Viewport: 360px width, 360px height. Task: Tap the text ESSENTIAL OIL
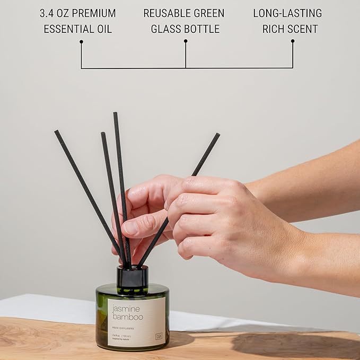click(x=78, y=29)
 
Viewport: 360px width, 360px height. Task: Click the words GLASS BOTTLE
click(x=185, y=29)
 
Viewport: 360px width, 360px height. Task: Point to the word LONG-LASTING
click(x=287, y=13)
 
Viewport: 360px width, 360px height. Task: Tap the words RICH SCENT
click(x=291, y=29)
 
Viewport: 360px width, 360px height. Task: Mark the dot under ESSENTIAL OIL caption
click(x=81, y=41)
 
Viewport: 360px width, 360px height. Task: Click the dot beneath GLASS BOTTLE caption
click(x=186, y=41)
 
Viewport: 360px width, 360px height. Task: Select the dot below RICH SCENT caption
click(x=293, y=41)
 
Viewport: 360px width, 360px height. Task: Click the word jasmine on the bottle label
click(x=126, y=308)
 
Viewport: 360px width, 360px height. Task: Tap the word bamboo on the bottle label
click(x=127, y=317)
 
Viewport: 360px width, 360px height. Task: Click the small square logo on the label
click(x=159, y=336)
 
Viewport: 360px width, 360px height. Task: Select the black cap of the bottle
click(x=132, y=276)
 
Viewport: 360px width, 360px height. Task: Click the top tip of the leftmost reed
click(x=56, y=131)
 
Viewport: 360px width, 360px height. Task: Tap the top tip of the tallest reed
click(x=115, y=113)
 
